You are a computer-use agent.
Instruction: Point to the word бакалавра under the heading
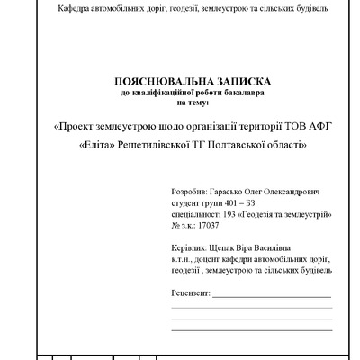(241, 91)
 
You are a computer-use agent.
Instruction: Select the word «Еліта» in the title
(99, 145)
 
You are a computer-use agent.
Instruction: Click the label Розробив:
(189, 192)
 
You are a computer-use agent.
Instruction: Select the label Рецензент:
(190, 293)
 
